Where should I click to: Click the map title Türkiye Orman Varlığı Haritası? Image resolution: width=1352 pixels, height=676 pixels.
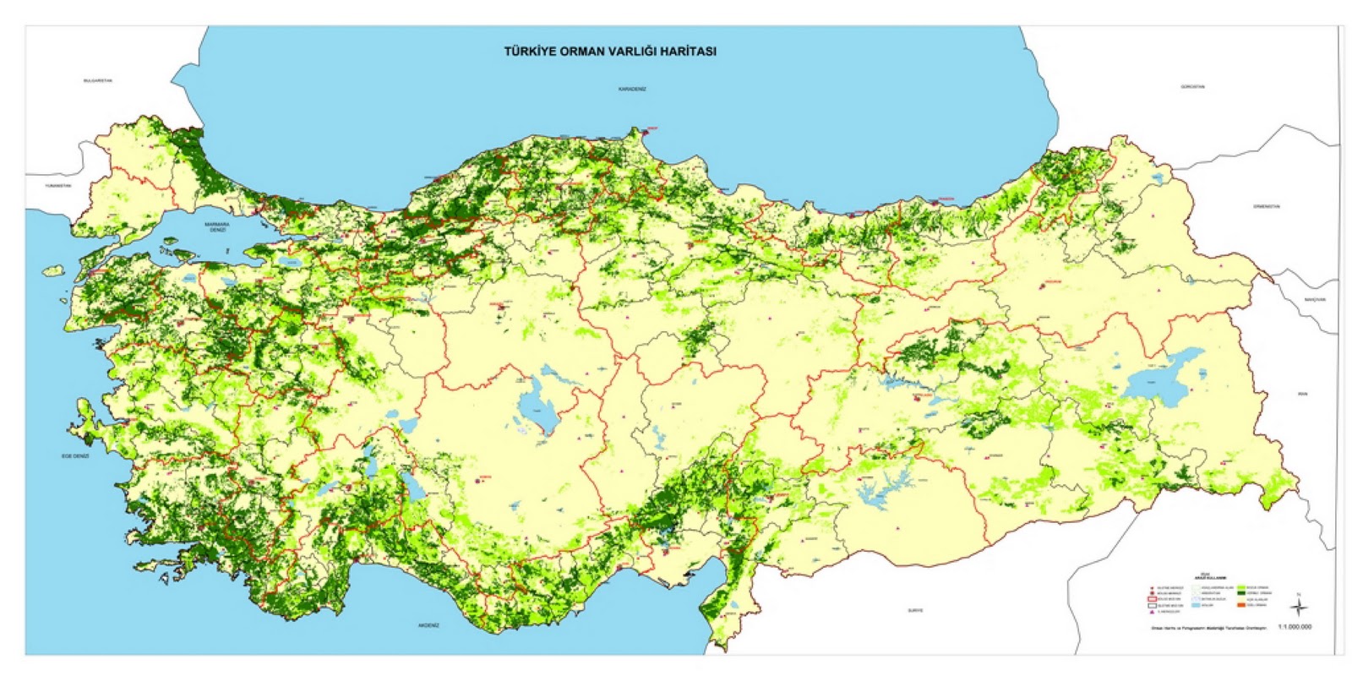pyautogui.click(x=610, y=51)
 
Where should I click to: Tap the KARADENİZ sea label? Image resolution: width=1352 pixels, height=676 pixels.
pyautogui.click(x=631, y=89)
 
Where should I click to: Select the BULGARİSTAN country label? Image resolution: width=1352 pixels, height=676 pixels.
pyautogui.click(x=98, y=80)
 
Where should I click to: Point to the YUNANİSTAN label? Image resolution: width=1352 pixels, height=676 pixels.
pyautogui.click(x=59, y=185)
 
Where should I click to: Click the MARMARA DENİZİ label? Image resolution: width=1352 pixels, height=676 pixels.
pyautogui.click(x=217, y=227)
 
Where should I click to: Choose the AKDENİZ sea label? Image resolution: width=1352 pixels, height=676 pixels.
pyautogui.click(x=428, y=625)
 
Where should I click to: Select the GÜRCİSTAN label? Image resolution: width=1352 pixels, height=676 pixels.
pyautogui.click(x=1192, y=87)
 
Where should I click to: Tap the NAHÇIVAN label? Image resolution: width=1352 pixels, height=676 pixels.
pyautogui.click(x=1314, y=299)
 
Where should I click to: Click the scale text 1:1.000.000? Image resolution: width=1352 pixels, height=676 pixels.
pyautogui.click(x=1295, y=627)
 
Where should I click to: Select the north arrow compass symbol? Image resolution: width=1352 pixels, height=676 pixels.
pyautogui.click(x=1299, y=608)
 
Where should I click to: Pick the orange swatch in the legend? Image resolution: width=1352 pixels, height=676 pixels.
pyautogui.click(x=1241, y=605)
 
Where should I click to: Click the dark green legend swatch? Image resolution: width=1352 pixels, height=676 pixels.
pyautogui.click(x=1241, y=593)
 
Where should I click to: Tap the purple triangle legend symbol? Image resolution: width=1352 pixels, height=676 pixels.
pyautogui.click(x=1152, y=612)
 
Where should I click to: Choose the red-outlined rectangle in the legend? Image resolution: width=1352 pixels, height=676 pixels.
pyautogui.click(x=1152, y=599)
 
